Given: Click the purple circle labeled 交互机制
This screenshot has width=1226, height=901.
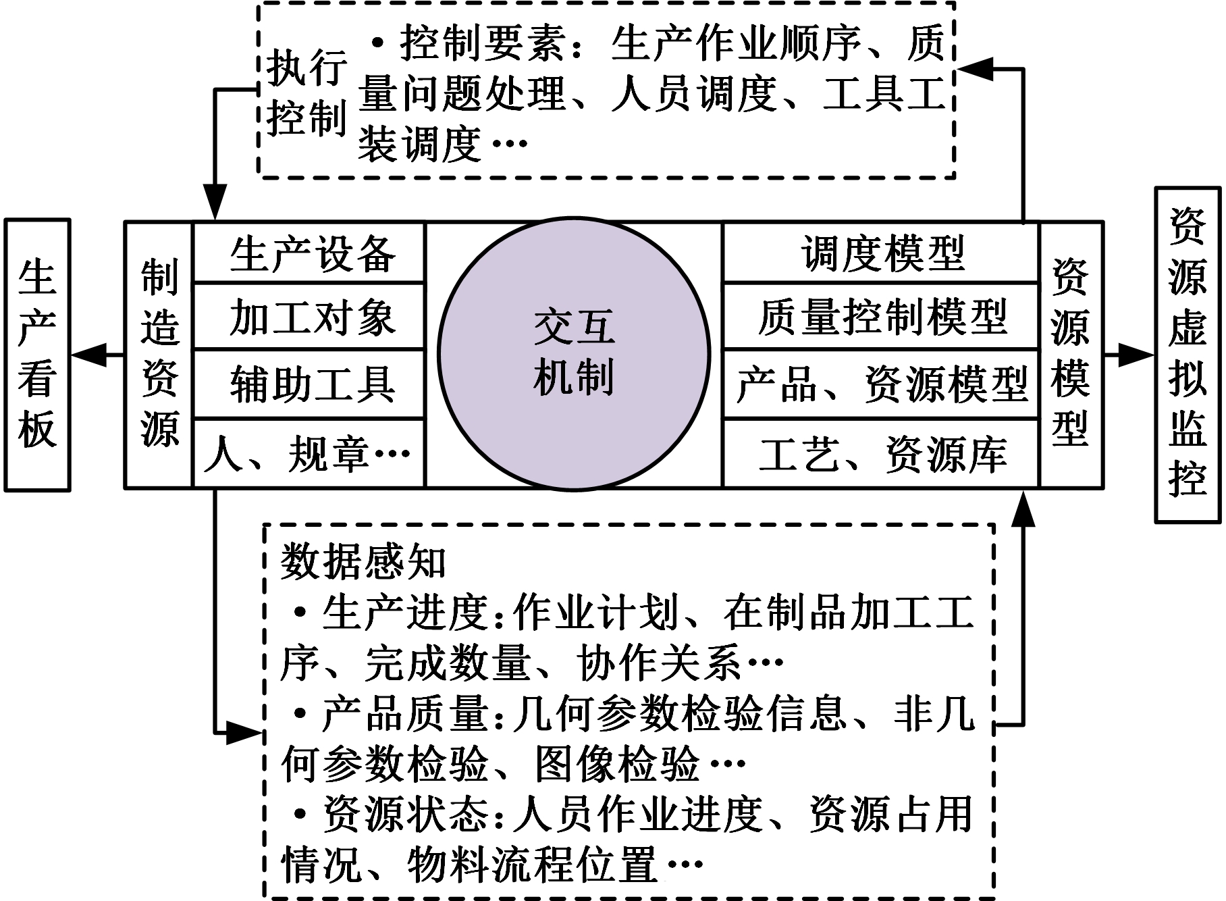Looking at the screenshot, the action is point(573,353).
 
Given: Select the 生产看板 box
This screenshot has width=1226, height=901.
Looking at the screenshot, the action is point(37,355).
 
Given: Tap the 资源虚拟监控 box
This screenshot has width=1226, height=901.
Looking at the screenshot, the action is point(1188,355).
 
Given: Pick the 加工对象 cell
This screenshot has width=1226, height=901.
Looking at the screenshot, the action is point(309,316).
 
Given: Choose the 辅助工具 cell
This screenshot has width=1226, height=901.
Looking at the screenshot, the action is point(309,384).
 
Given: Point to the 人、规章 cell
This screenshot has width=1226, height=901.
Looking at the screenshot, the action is point(309,453).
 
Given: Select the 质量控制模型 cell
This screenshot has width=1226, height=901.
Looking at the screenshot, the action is point(881,316).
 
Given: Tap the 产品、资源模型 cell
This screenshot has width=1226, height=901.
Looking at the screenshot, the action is point(881,384).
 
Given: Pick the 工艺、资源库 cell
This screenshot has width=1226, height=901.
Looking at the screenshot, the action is point(881,453).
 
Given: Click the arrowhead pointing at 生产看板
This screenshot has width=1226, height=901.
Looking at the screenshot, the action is point(88,354).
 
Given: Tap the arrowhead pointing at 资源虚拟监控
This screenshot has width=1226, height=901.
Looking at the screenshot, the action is point(1136,354).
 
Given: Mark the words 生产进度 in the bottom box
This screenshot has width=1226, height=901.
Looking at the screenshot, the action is point(405,613).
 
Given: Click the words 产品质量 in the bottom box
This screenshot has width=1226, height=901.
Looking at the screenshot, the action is point(405,714).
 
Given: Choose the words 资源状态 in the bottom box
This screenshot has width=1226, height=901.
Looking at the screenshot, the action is point(405,814).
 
